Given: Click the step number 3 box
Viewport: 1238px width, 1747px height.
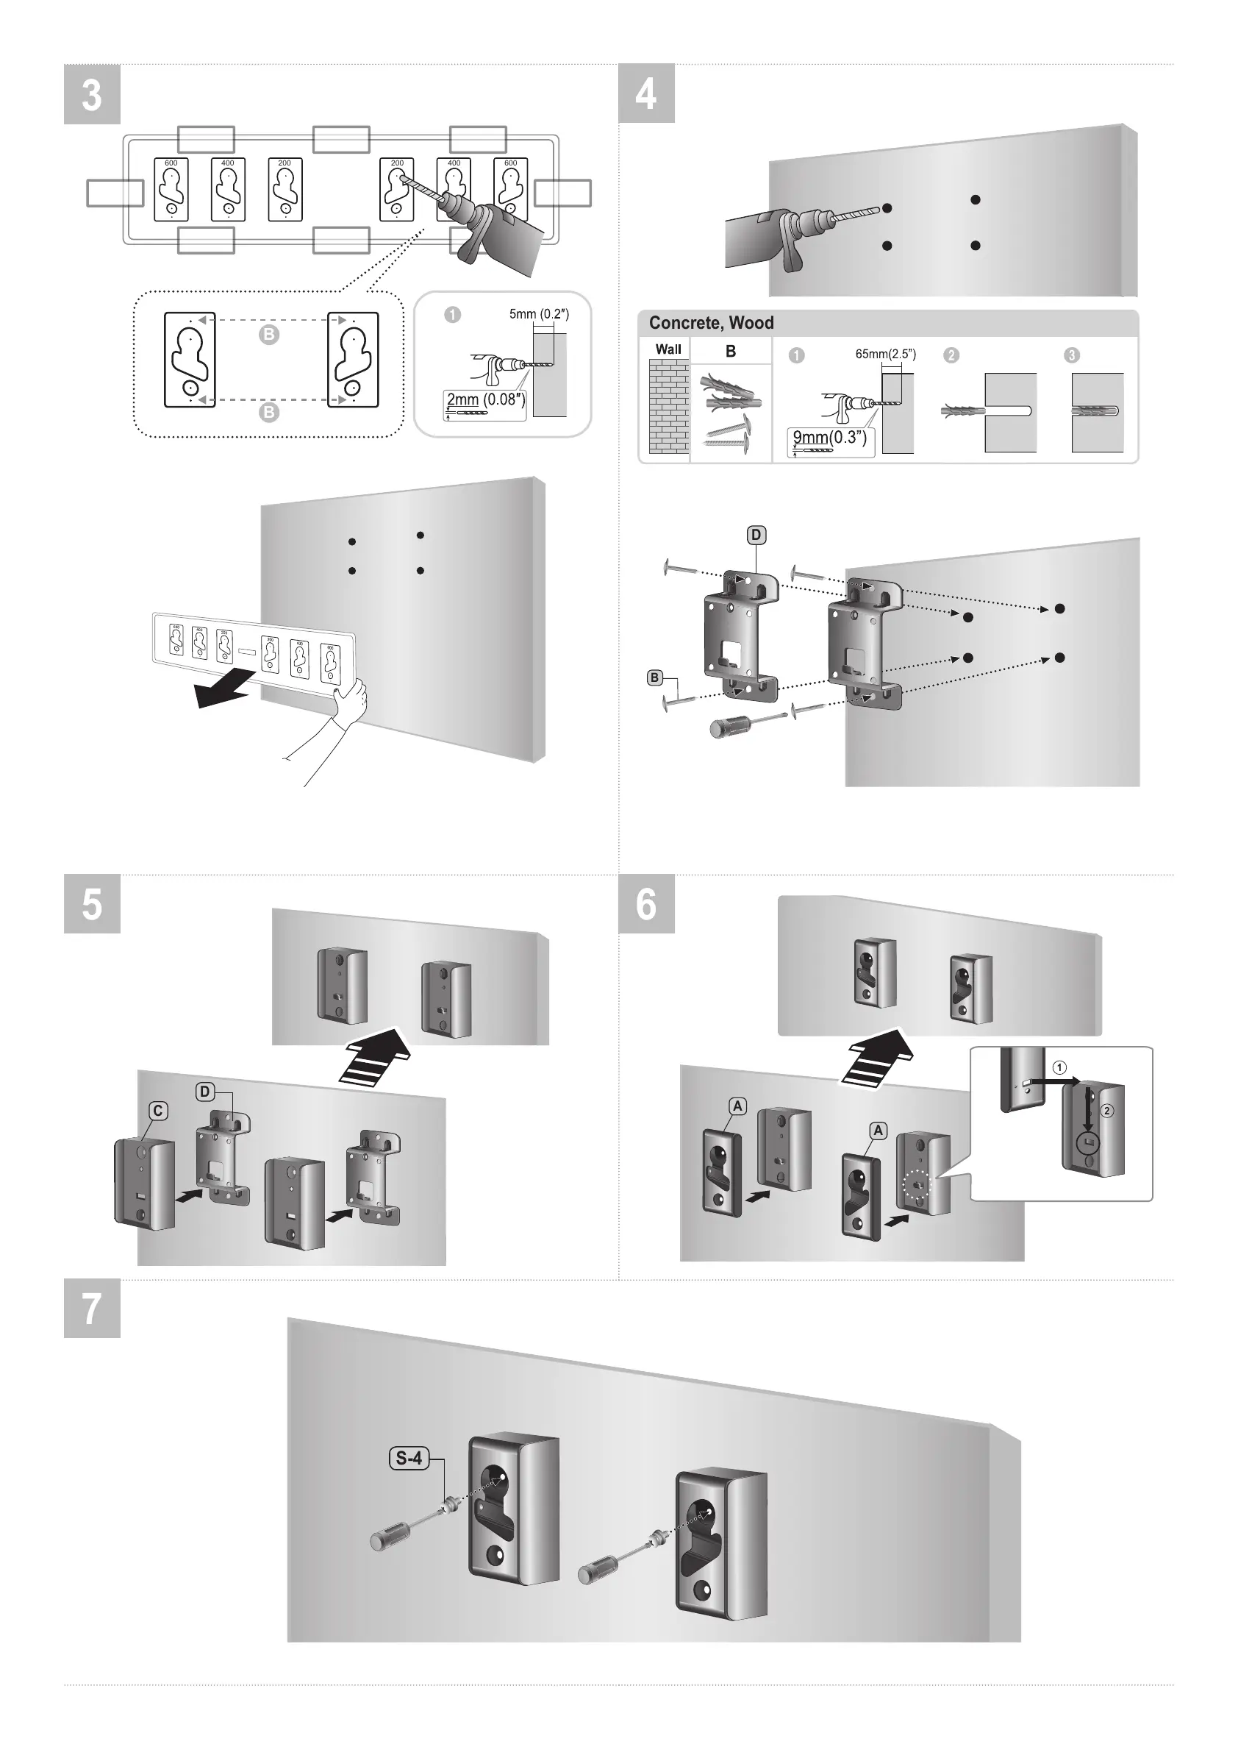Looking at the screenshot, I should [91, 95].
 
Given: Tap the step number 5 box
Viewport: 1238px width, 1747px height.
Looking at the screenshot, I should [91, 903].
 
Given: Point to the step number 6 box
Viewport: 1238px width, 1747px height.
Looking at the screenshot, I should [645, 903].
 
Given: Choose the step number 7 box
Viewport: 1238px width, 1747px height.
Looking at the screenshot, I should [91, 1309].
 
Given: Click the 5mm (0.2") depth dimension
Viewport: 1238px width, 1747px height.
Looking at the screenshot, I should [539, 314].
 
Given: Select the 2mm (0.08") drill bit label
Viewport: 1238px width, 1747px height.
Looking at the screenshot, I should [484, 400].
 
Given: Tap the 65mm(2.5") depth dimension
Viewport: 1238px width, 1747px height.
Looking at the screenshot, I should [885, 355].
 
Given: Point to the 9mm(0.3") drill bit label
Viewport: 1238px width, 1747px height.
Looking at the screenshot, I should [829, 438].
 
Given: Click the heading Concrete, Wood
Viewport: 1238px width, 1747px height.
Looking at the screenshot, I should [710, 324].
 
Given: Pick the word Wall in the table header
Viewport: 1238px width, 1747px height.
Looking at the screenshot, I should [668, 349].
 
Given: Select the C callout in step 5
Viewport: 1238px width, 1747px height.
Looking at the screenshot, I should [158, 1111].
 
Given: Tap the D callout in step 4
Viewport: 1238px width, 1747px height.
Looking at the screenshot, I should [756, 536].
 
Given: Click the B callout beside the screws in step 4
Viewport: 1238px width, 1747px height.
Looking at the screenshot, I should [654, 677].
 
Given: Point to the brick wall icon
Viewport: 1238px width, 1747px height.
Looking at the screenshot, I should [668, 408].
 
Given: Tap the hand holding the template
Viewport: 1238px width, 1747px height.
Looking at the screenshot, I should [352, 698].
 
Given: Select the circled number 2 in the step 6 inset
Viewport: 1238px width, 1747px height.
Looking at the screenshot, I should [1107, 1110].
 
